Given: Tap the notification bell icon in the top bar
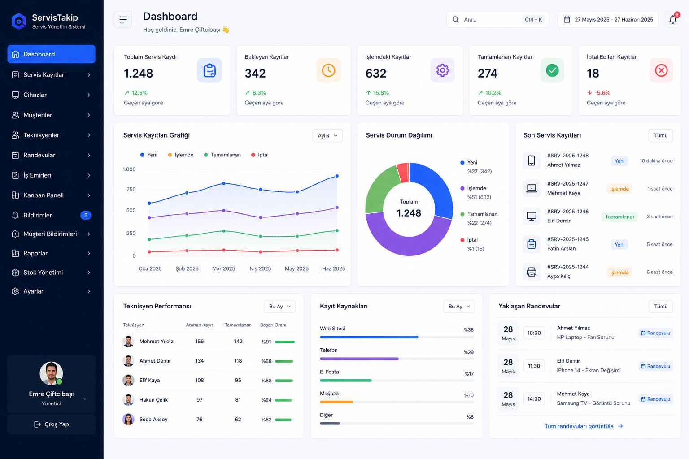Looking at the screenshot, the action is [x=673, y=20].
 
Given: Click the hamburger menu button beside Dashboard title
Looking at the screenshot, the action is [x=123, y=19].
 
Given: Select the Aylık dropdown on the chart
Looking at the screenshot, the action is [x=327, y=135].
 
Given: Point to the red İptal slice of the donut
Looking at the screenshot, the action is [x=403, y=172].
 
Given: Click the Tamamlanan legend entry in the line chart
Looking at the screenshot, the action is [x=222, y=155].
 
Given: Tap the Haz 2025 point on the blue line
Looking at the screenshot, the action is [x=337, y=176].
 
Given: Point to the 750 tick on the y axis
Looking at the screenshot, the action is [x=131, y=189].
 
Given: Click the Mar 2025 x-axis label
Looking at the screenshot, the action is [x=224, y=268].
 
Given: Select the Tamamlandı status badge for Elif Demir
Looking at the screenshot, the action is [x=619, y=217].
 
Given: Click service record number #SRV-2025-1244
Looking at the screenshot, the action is [x=568, y=267].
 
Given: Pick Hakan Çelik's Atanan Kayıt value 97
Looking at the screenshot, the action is [x=199, y=400].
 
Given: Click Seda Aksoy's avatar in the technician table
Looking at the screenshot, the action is [x=128, y=420].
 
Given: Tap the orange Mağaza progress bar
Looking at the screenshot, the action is [x=336, y=402].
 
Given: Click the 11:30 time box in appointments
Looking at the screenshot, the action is [x=534, y=366].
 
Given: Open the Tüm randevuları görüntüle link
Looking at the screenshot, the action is [x=584, y=426].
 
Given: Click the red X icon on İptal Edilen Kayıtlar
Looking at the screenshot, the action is [x=661, y=70].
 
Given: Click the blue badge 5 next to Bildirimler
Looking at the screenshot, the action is [x=86, y=216].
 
